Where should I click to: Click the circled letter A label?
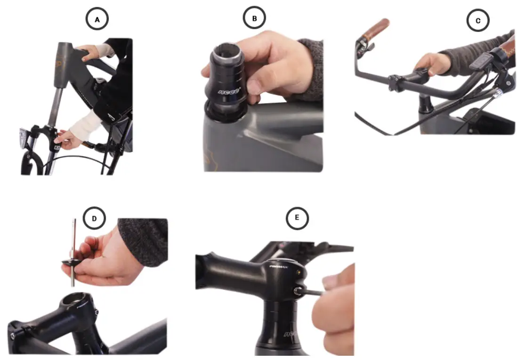click(x=97, y=19)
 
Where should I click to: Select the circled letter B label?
click(x=255, y=18)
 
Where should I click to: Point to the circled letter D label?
click(x=94, y=218)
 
